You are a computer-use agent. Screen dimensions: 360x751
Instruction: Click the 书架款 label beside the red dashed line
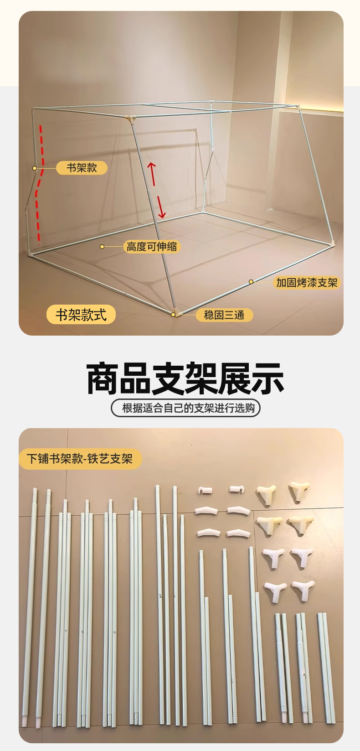point(82,168)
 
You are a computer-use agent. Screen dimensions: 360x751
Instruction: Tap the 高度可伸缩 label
point(152,247)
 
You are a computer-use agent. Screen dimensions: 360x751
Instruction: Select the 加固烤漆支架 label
point(307,283)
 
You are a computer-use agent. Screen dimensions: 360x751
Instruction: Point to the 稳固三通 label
point(224,315)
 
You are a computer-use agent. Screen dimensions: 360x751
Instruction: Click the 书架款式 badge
point(81,315)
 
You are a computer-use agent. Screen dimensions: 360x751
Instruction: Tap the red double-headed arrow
point(157,190)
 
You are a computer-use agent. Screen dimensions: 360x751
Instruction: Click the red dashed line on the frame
point(40,184)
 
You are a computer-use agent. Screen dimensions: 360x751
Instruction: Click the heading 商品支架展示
point(185,378)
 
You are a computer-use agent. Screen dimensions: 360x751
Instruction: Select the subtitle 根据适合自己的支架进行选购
point(186,408)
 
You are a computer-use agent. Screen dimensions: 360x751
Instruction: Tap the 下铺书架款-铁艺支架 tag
point(80,459)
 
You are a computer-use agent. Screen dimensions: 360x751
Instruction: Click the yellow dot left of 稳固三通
point(173,315)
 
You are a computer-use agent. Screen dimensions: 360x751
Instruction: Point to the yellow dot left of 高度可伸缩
point(102,247)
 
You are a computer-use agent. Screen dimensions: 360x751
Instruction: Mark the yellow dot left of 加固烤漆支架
point(251,282)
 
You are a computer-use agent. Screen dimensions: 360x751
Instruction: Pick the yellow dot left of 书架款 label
point(35,168)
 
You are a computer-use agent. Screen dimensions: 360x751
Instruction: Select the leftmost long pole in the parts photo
point(30,608)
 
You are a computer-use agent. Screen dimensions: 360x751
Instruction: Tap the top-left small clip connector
point(205,490)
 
